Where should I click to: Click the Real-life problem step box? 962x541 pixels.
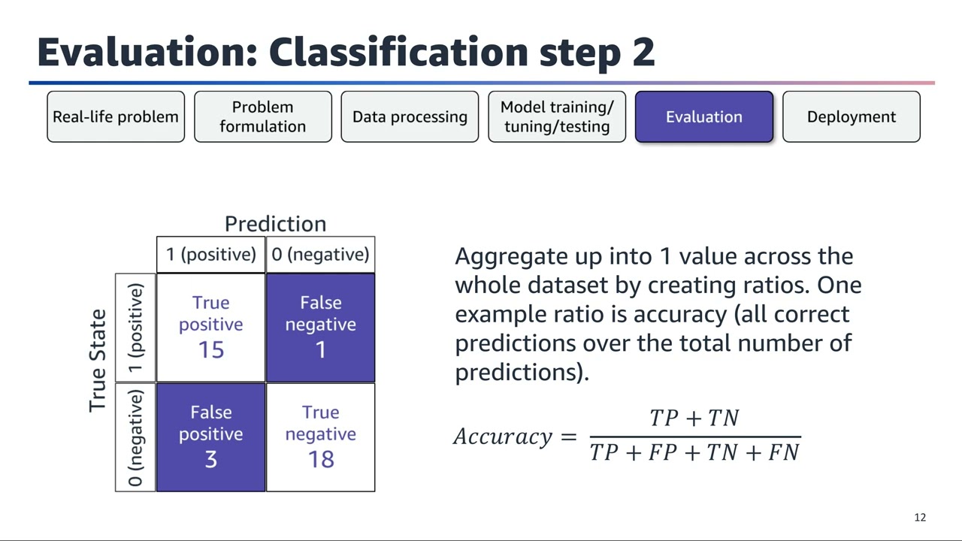pos(116,116)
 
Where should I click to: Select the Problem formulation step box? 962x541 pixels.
pos(262,116)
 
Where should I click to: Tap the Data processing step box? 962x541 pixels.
pos(410,116)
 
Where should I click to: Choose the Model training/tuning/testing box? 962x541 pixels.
pos(557,116)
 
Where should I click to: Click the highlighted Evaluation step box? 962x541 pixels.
pos(704,116)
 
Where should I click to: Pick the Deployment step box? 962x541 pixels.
pos(851,116)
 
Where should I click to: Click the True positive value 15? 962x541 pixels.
pos(210,349)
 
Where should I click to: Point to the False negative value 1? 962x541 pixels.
pos(321,349)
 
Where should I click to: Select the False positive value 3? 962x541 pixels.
pos(210,459)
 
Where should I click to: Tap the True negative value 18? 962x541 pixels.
pos(321,459)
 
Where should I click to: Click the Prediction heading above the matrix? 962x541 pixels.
pos(275,224)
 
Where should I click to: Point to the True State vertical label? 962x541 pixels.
pos(98,361)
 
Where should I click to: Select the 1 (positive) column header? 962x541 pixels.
pos(210,255)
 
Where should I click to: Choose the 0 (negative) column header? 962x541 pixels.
pos(321,255)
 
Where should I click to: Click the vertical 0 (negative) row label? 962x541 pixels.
pos(136,437)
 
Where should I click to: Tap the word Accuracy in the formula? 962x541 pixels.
pos(503,437)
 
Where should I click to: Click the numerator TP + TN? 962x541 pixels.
pos(694,419)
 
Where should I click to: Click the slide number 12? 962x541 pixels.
pos(920,518)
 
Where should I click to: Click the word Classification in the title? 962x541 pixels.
pos(398,52)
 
